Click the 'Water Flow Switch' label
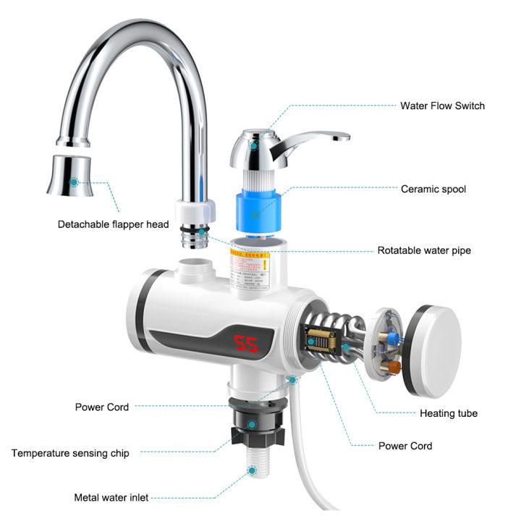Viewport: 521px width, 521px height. point(442,106)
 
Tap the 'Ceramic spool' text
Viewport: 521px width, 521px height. point(433,189)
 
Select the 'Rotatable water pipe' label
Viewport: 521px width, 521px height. point(424,250)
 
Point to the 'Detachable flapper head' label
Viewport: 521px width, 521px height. point(114,224)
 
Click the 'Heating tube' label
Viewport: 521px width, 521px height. point(449,414)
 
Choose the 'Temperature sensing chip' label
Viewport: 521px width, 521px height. point(70,453)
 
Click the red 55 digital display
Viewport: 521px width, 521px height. point(247,344)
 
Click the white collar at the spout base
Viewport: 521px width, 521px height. point(195,211)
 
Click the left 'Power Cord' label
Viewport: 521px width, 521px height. point(102,407)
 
